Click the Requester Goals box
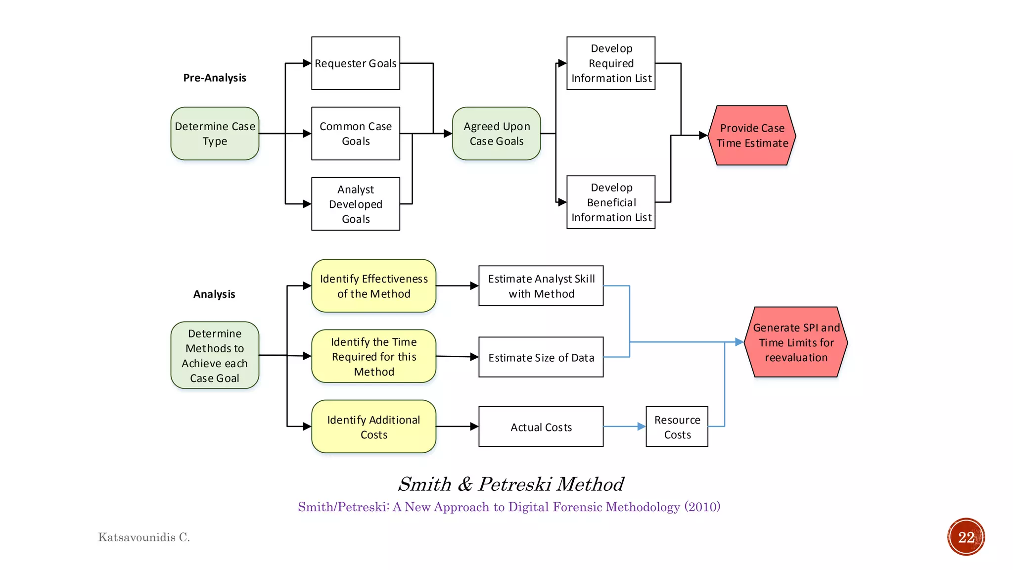(x=355, y=63)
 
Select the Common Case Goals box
(x=355, y=134)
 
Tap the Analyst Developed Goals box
(x=355, y=204)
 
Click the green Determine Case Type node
(x=215, y=134)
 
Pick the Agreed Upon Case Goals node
(x=496, y=134)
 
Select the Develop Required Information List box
(x=611, y=63)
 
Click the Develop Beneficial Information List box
(x=611, y=202)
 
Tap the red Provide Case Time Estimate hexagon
(x=752, y=135)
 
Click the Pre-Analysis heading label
(x=214, y=78)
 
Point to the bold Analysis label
(x=214, y=294)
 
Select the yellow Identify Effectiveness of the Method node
(x=373, y=286)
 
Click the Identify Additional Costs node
(x=373, y=427)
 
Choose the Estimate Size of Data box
(x=541, y=357)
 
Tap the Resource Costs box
(x=677, y=427)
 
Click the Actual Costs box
(x=541, y=427)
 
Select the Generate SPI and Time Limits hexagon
(x=795, y=342)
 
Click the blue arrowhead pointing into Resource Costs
(x=642, y=427)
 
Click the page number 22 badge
(x=966, y=537)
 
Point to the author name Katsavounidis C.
(x=144, y=537)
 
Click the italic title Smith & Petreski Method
(x=510, y=484)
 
